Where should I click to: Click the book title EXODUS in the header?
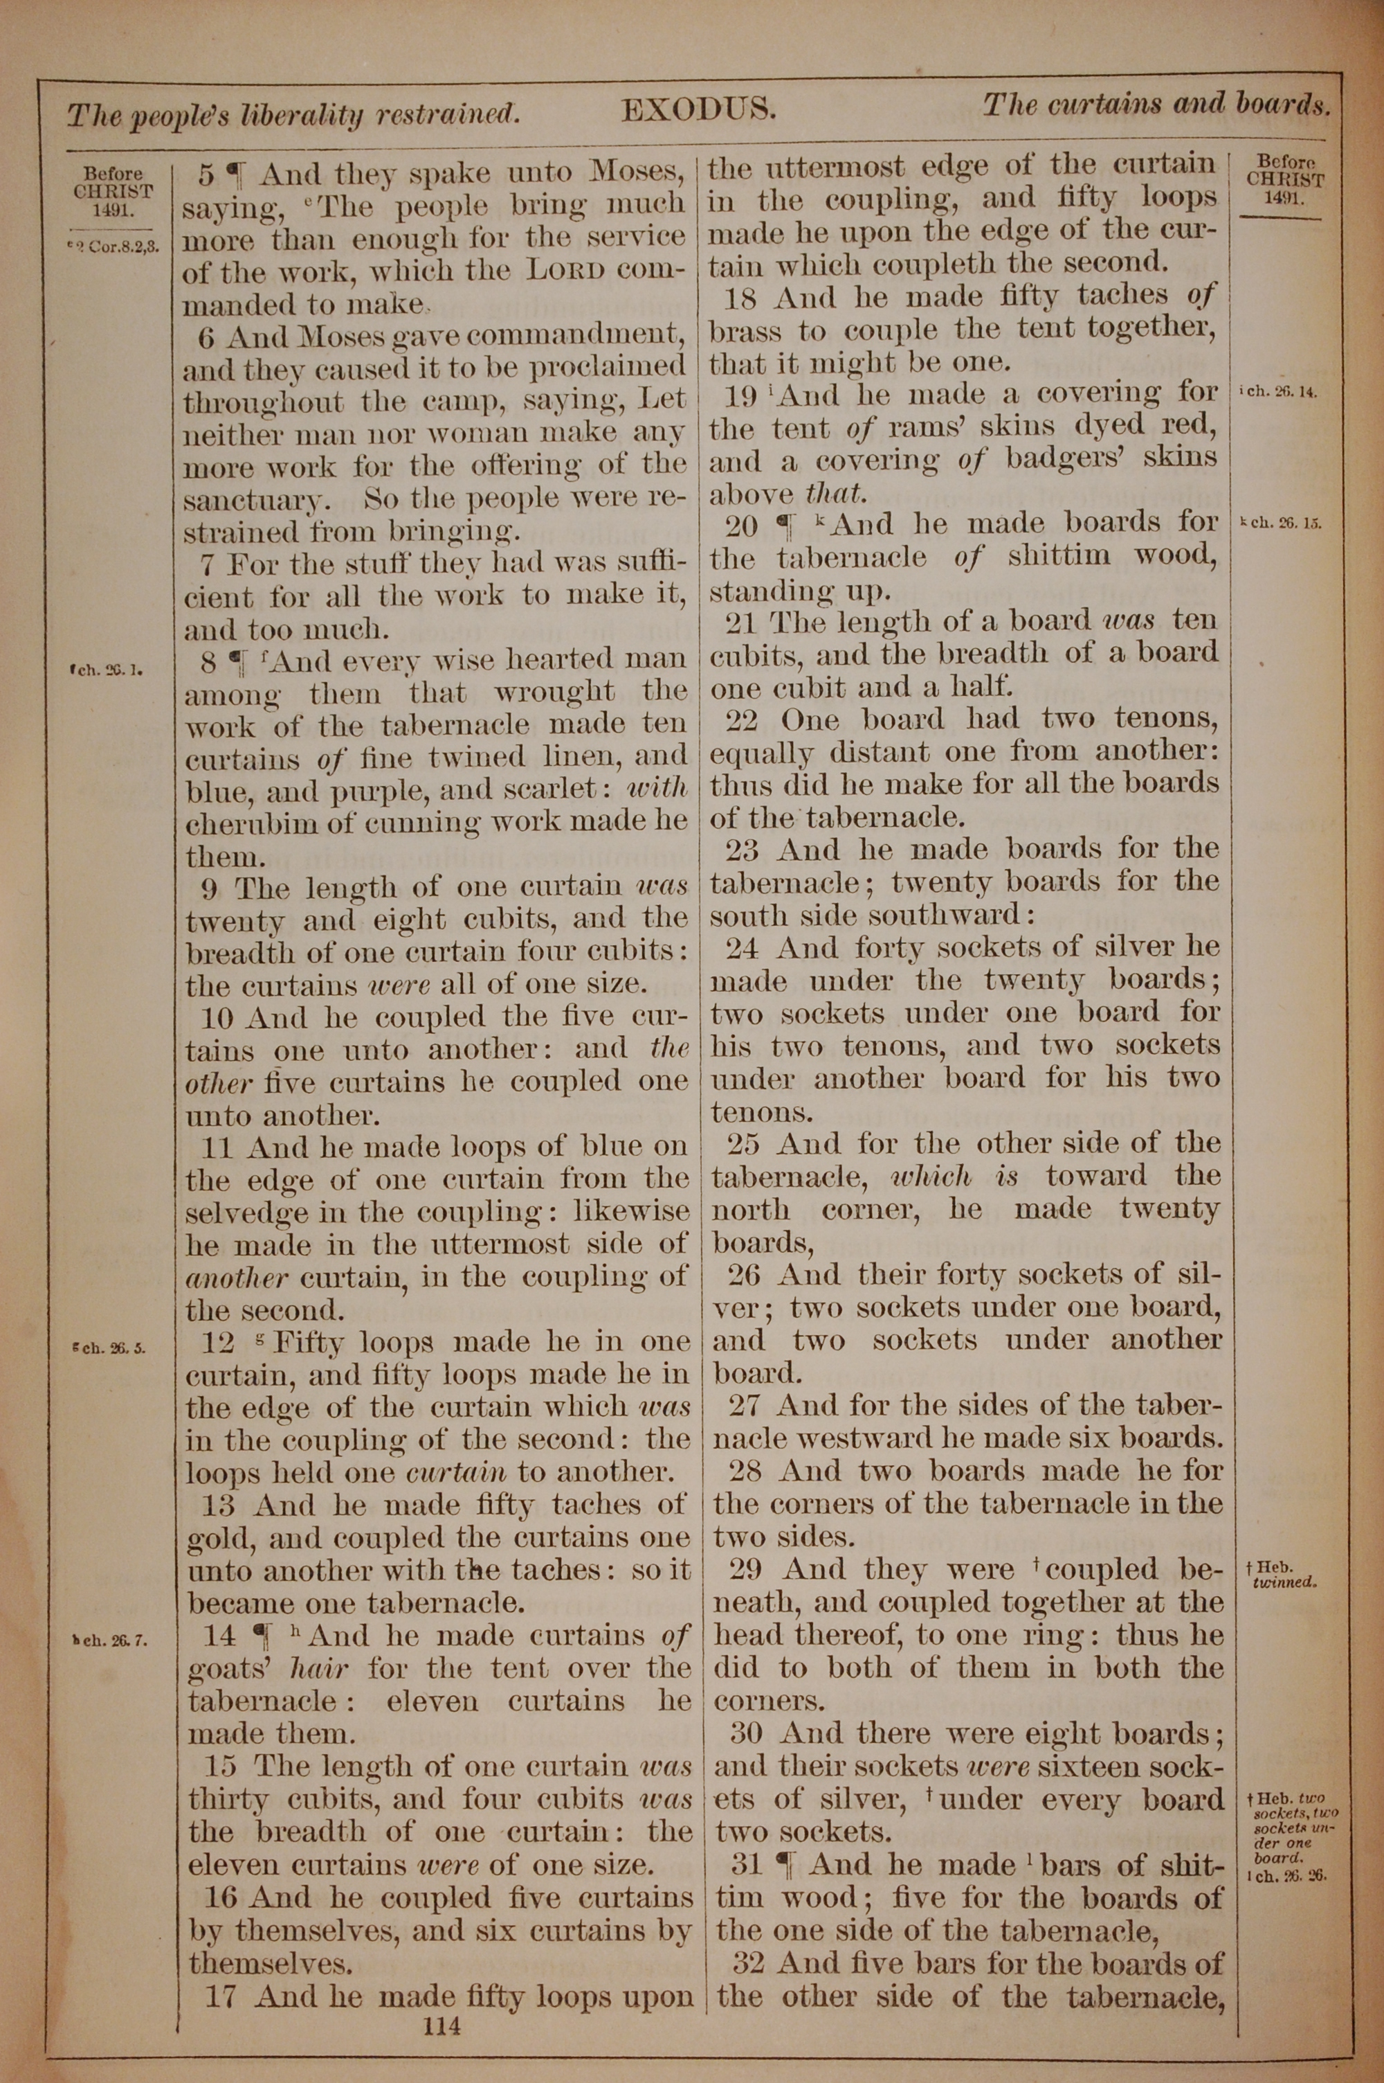tap(698, 109)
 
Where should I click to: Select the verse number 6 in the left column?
tap(206, 337)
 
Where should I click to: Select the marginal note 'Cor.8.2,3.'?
tap(116, 248)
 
